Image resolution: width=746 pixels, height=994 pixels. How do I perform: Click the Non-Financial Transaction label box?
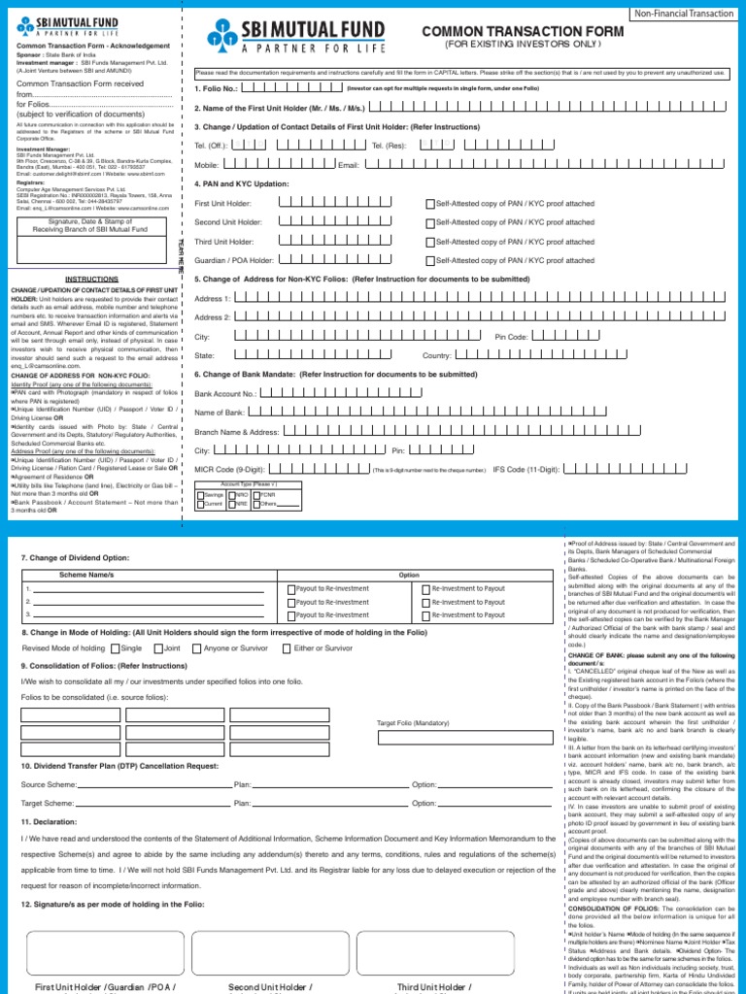(684, 13)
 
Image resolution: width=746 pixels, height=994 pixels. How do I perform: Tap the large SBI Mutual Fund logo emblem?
(221, 38)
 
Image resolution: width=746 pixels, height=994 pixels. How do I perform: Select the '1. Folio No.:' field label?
(216, 87)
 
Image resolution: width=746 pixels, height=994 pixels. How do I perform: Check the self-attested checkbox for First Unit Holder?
(430, 204)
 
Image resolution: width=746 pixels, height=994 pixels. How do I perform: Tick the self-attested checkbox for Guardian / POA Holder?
(430, 260)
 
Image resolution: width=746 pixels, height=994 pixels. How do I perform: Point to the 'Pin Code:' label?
(511, 337)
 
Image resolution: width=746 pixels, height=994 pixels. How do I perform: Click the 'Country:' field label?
(437, 356)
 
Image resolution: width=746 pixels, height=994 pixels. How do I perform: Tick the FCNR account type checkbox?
(255, 495)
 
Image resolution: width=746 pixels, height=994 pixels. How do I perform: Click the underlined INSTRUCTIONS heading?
(91, 279)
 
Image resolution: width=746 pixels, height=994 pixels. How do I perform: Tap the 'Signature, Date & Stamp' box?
(91, 224)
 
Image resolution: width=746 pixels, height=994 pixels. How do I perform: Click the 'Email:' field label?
(349, 166)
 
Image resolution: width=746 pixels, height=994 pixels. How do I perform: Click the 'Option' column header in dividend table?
(409, 575)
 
